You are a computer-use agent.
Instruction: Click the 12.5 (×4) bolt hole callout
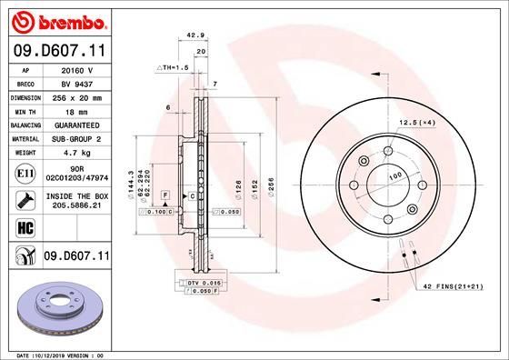point(416,122)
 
